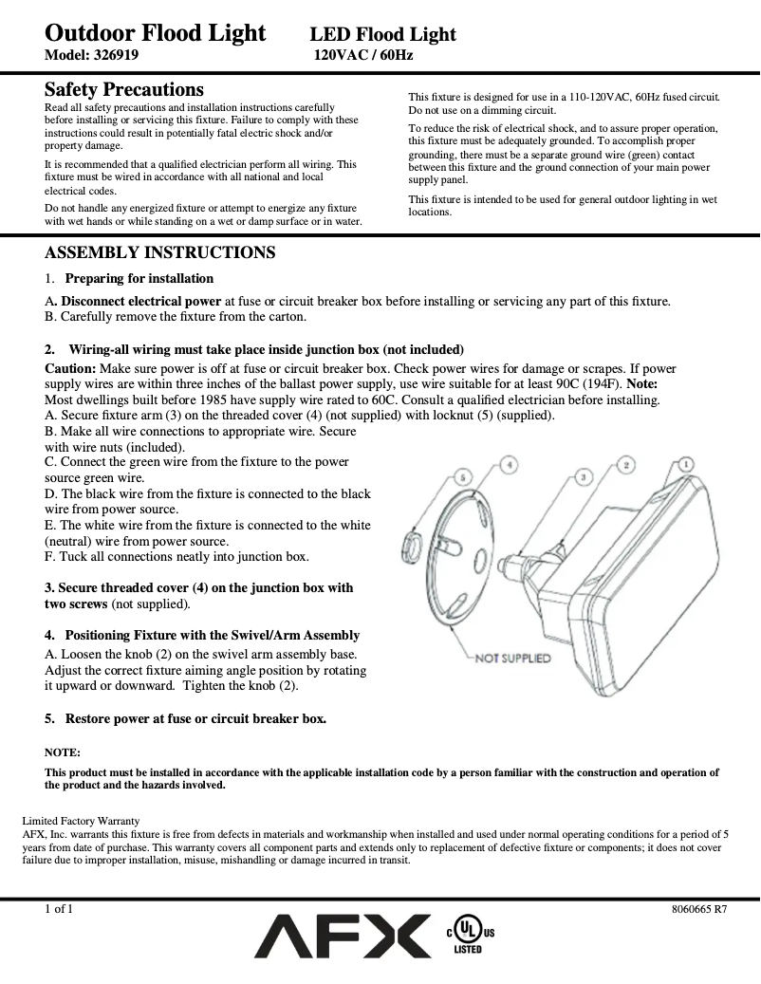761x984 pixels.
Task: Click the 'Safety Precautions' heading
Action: click(124, 90)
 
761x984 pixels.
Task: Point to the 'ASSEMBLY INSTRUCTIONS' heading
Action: click(160, 252)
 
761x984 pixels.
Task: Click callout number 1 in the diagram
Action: click(685, 465)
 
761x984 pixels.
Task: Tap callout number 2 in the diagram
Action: click(626, 464)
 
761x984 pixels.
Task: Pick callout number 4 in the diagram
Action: click(510, 465)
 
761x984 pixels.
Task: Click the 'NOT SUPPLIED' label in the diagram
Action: click(512, 658)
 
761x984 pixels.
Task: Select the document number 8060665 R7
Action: click(699, 908)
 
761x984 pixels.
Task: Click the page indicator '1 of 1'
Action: click(59, 908)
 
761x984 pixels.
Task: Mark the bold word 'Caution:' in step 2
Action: click(70, 368)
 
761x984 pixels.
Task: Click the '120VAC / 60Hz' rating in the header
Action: click(363, 55)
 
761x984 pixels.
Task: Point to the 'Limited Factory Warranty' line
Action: click(81, 821)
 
